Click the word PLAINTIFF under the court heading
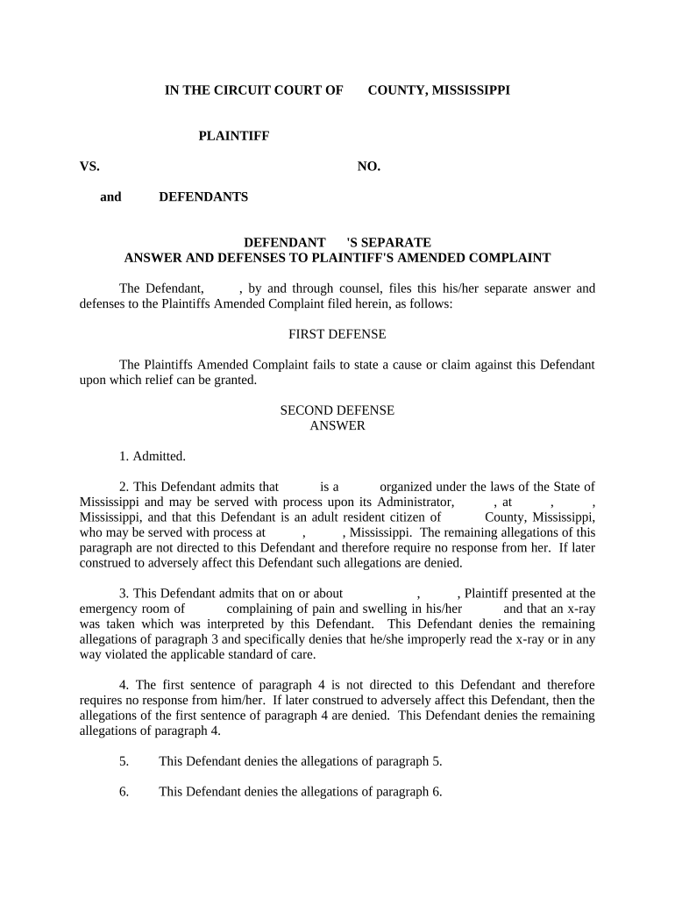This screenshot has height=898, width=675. point(233,135)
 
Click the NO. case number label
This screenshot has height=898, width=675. point(369,166)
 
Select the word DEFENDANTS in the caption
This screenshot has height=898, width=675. point(203,196)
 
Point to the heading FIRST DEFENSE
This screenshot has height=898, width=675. point(337,334)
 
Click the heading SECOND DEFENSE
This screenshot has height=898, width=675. point(337,410)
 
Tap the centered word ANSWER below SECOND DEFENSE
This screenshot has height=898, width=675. point(337,426)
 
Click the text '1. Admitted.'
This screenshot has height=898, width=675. point(153,456)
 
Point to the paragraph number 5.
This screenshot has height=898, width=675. point(124,761)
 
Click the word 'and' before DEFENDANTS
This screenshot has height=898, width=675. point(110,196)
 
